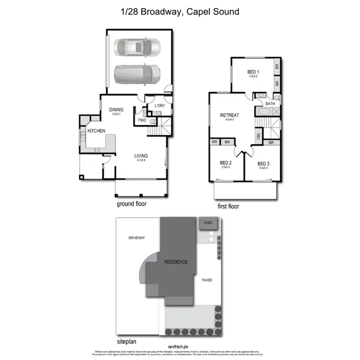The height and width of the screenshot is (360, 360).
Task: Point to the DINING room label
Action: click(117, 109)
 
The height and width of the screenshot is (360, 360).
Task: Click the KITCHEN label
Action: click(96, 131)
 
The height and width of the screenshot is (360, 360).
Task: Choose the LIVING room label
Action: click(141, 156)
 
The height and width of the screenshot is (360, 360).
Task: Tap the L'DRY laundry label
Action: click(159, 106)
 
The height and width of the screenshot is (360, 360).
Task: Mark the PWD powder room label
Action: click(142, 120)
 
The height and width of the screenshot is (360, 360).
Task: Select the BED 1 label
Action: click(253, 71)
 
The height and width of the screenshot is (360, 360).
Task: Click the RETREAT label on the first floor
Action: click(229, 115)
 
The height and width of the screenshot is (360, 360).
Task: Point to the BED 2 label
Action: click(226, 163)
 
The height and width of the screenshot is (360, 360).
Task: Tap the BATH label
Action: click(270, 103)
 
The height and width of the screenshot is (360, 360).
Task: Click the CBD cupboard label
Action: click(259, 136)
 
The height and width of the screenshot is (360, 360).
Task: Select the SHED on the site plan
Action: click(208, 223)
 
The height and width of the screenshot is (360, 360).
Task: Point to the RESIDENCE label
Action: click(176, 262)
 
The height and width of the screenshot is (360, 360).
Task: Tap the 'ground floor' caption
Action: click(132, 204)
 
